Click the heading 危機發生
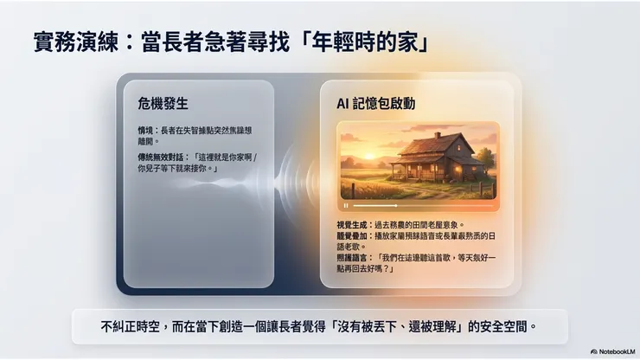pyautogui.click(x=163, y=103)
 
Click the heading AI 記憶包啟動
pyautogui.click(x=375, y=103)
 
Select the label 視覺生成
pyautogui.click(x=350, y=225)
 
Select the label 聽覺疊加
pyautogui.click(x=350, y=236)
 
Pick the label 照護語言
pyautogui.click(x=350, y=258)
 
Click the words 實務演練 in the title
pyautogui.click(x=69, y=42)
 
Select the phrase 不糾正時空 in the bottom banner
pyautogui.click(x=127, y=327)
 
